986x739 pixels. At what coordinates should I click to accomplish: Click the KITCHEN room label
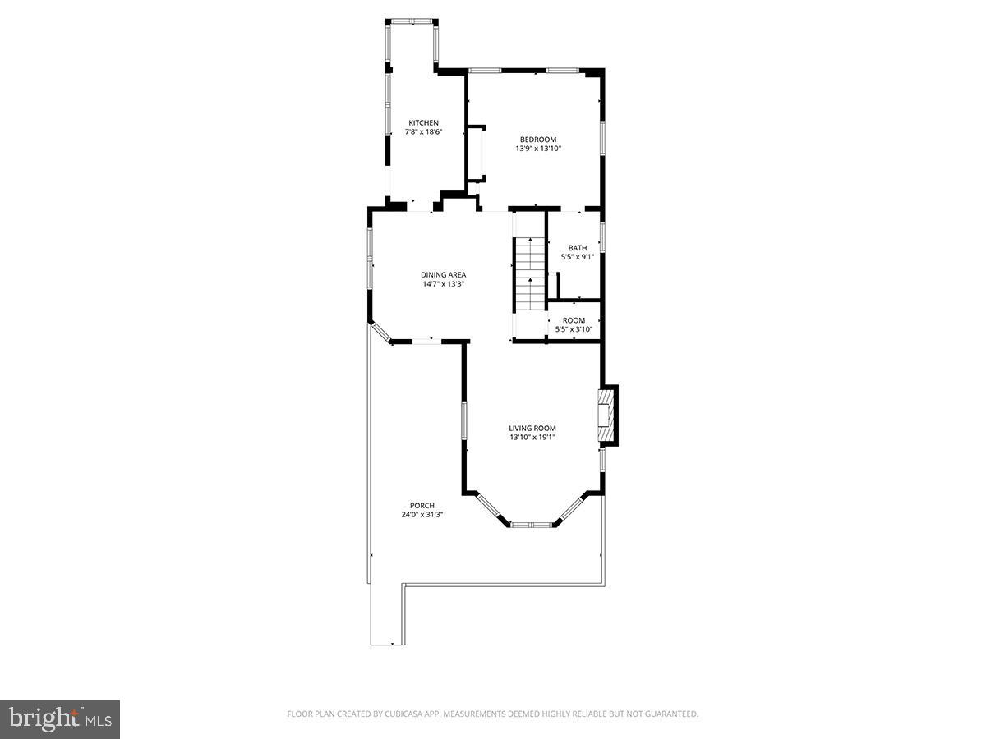tap(424, 123)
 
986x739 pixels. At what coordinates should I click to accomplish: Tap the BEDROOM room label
tap(538, 140)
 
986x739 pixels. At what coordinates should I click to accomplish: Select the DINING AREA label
tap(444, 275)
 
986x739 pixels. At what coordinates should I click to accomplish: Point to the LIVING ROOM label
tap(532, 428)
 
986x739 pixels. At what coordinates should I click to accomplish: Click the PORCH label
tap(422, 506)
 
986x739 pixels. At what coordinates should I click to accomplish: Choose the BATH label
tap(578, 248)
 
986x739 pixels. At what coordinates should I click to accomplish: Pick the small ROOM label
tap(574, 320)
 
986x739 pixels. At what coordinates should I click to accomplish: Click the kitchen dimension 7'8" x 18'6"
tap(424, 132)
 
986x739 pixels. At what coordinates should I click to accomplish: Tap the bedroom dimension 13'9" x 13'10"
tap(538, 149)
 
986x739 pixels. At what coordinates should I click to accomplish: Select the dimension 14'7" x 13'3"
tap(444, 284)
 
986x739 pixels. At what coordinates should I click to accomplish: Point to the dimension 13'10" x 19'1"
tap(532, 437)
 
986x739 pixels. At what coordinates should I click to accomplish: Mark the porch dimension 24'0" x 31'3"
tap(422, 515)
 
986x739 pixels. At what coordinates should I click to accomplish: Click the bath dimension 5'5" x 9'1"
tap(578, 257)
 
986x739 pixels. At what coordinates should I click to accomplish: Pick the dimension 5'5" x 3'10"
tap(574, 329)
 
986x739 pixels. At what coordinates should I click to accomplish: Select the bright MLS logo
tap(60, 719)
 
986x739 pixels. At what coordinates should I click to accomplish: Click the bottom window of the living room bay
tap(532, 523)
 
